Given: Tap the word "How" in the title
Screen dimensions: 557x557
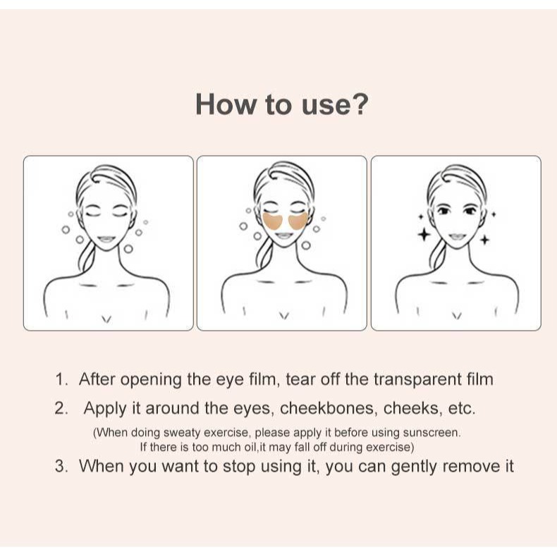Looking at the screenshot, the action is point(226,104).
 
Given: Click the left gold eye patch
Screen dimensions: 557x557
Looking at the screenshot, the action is point(274,221).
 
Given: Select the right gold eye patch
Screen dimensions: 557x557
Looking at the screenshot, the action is point(298,221).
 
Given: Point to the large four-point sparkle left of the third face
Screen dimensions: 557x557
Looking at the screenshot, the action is point(424,235).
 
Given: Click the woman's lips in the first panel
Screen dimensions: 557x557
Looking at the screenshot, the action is point(106,239).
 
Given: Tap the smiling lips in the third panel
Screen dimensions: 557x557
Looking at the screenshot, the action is point(457,237).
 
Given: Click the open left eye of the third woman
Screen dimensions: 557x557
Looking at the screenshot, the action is point(443,211).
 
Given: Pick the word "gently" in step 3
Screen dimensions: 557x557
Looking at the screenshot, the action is point(414,467).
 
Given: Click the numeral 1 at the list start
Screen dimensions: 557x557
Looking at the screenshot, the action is point(61,379).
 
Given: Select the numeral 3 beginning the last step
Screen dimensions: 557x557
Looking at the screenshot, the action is point(61,466).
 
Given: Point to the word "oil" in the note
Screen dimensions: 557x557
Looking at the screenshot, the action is point(250,447).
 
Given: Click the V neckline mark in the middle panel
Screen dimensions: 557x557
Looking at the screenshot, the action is point(283,316).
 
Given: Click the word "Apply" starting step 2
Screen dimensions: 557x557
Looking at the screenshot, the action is point(105,408).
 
